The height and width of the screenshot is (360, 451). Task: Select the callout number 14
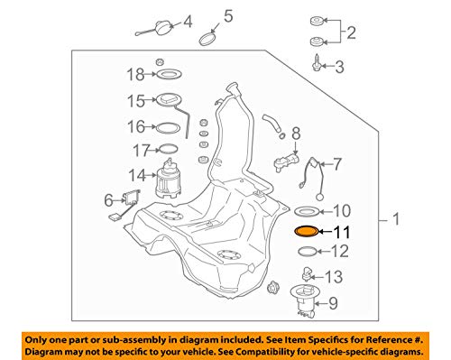pos(137,175)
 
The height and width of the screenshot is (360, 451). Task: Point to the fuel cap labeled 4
pos(163,29)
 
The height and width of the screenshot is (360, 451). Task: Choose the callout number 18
pos(136,74)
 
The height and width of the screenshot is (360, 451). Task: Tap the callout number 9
pos(333,304)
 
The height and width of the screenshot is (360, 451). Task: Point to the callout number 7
pos(337,164)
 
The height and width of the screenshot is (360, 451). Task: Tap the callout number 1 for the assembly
pos(396,219)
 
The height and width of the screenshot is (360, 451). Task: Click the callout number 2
pos(351,32)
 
